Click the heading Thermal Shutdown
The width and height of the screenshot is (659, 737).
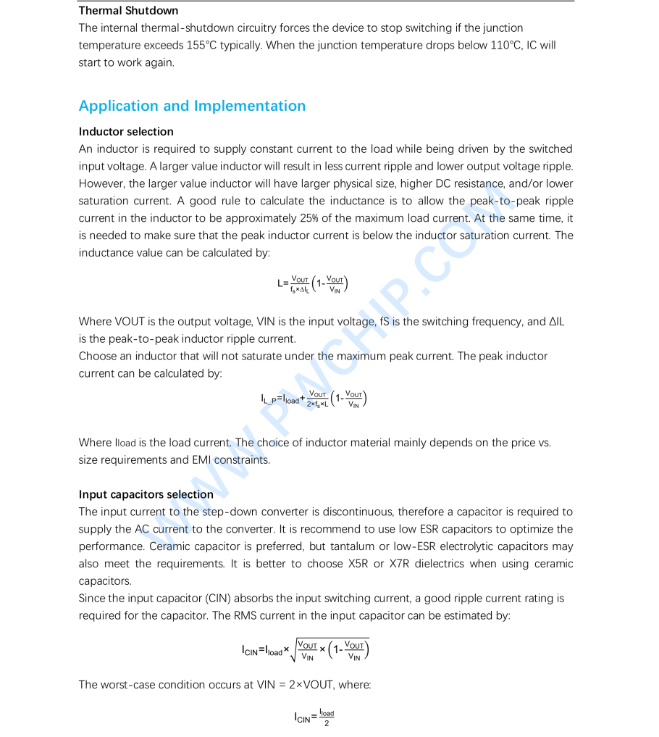point(128,11)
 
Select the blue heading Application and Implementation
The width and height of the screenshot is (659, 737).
point(192,106)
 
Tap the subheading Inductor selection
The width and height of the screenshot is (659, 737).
point(126,132)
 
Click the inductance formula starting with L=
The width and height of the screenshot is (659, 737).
point(312,284)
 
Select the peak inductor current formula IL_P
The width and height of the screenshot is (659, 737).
point(314,399)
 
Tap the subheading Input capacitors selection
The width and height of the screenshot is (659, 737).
point(146,495)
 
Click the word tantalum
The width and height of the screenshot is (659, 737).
point(391,546)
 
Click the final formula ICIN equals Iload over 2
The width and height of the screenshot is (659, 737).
point(314,717)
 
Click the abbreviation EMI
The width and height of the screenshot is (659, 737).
point(202,460)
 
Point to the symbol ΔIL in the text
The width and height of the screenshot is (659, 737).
point(556,322)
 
